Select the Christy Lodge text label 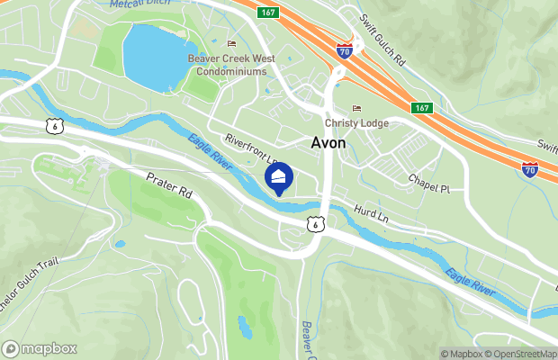[357, 123]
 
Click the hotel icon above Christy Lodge [357, 109]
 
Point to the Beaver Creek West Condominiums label [232, 65]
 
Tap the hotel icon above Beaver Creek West [232, 43]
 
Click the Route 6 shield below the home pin [312, 224]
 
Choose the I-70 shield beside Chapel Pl [530, 168]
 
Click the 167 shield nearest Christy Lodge [423, 108]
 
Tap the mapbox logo [40, 348]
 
